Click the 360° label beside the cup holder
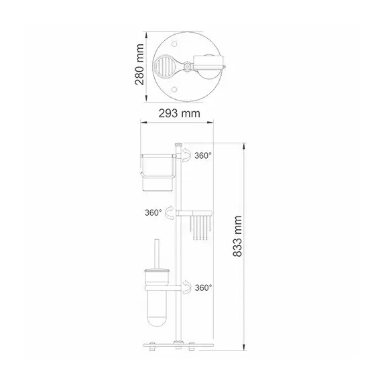(x=202, y=155)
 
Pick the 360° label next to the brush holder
(x=203, y=288)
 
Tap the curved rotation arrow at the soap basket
(x=169, y=213)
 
